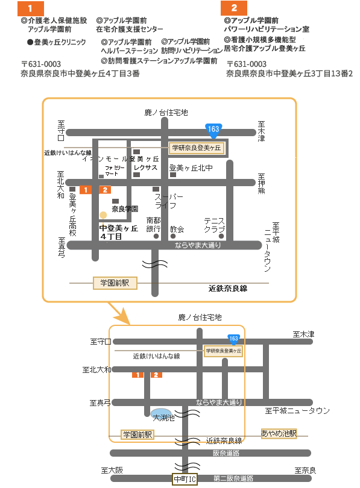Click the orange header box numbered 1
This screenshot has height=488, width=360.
(31, 8)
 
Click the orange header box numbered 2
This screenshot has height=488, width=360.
(234, 8)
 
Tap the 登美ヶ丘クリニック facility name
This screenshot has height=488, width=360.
(56, 42)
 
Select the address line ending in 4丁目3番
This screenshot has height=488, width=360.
(80, 74)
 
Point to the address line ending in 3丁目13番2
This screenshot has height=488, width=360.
(289, 74)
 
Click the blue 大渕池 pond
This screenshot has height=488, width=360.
(161, 414)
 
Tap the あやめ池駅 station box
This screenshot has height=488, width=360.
(279, 433)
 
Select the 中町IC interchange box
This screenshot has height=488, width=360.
(185, 480)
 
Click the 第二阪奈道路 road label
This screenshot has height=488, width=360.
(233, 478)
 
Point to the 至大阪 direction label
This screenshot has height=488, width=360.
(112, 471)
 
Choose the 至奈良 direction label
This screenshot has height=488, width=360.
(305, 471)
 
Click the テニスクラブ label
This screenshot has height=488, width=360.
(214, 225)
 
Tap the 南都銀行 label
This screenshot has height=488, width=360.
(154, 224)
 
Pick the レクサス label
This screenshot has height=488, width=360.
(145, 167)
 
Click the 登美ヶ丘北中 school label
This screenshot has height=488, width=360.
(191, 167)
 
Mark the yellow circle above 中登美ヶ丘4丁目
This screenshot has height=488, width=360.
(103, 215)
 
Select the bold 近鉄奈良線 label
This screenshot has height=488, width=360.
(228, 289)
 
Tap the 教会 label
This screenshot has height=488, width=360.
(177, 230)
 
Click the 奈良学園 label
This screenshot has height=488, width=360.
(125, 209)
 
